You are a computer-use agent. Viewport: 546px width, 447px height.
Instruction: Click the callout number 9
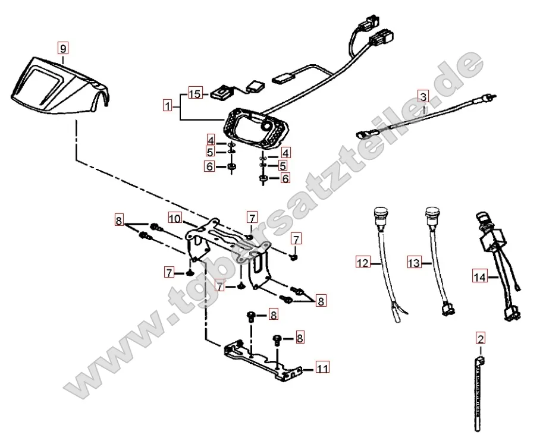point(64,47)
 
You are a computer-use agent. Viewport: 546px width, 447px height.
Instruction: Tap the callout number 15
point(196,93)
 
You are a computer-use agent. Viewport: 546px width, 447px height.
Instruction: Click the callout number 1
point(169,107)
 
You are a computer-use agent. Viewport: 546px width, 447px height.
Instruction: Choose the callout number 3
point(422,96)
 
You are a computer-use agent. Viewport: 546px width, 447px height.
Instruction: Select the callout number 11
point(322,369)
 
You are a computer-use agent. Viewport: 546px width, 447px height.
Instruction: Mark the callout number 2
point(481,339)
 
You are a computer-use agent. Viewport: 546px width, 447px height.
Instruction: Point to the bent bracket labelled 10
point(232,250)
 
